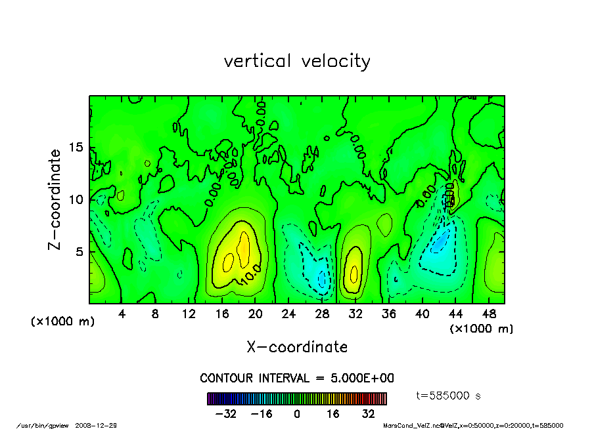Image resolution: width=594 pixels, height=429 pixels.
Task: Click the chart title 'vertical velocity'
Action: pos(297,61)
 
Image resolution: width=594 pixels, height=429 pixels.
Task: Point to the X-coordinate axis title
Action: pos(297,347)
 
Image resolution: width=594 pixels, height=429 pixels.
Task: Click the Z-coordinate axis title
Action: pos(55,199)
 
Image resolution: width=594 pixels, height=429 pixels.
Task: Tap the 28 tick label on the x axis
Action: pos(322,314)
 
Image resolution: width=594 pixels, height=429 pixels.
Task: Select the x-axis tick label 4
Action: pos(122,314)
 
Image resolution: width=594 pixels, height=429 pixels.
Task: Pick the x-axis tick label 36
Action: pos(388,314)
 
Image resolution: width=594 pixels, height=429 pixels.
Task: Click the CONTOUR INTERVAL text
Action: pos(297,378)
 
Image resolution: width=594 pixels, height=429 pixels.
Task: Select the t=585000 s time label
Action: pos(449,396)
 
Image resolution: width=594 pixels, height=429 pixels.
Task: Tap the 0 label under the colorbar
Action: pos(297,414)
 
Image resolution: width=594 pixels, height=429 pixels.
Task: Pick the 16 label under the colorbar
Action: pos(332,414)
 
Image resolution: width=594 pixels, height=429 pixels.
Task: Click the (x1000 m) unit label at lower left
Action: pos(63,322)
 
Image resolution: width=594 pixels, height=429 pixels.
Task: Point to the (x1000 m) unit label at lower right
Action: pos(481,328)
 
